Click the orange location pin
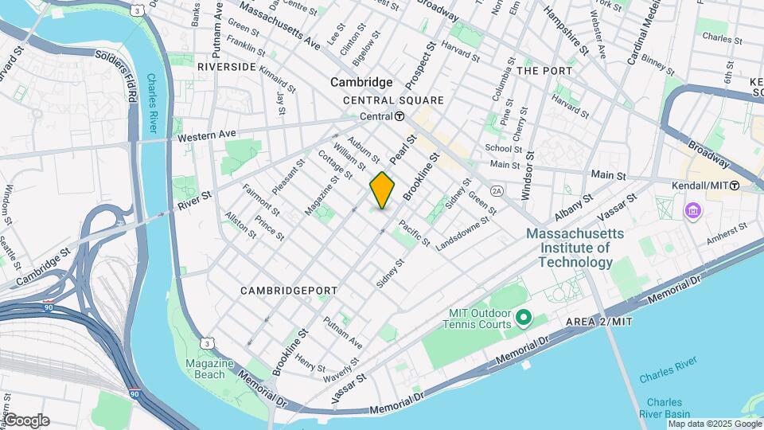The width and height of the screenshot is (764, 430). pyautogui.click(x=382, y=190)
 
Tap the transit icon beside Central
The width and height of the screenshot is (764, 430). pyautogui.click(x=400, y=116)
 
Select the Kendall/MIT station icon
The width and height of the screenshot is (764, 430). pyautogui.click(x=735, y=185)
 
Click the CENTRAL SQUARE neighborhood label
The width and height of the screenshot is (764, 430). pyautogui.click(x=393, y=100)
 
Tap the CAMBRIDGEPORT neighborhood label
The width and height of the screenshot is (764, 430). pyautogui.click(x=289, y=291)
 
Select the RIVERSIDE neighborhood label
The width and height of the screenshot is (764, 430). pyautogui.click(x=227, y=67)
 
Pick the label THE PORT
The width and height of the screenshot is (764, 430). pyautogui.click(x=544, y=71)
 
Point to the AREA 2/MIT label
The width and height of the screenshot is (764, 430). pyautogui.click(x=598, y=321)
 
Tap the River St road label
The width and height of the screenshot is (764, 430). pyautogui.click(x=194, y=196)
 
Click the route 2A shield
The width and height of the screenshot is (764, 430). pyautogui.click(x=497, y=192)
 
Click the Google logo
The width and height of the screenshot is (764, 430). pyautogui.click(x=26, y=420)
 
